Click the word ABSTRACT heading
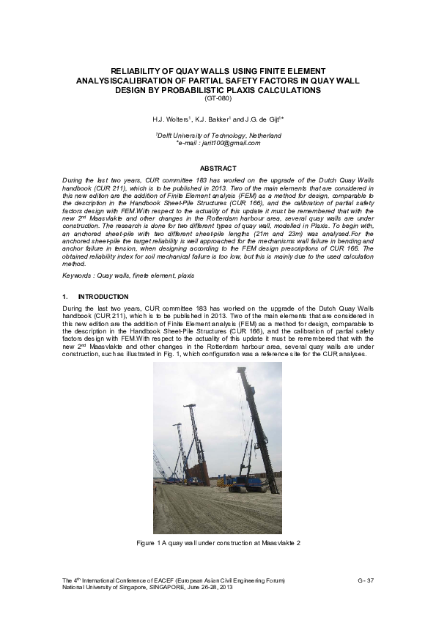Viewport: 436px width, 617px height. point(218,169)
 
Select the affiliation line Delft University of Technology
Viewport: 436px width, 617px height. point(218,136)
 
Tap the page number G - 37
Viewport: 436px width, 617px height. point(366,581)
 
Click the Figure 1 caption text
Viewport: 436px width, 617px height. point(218,542)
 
